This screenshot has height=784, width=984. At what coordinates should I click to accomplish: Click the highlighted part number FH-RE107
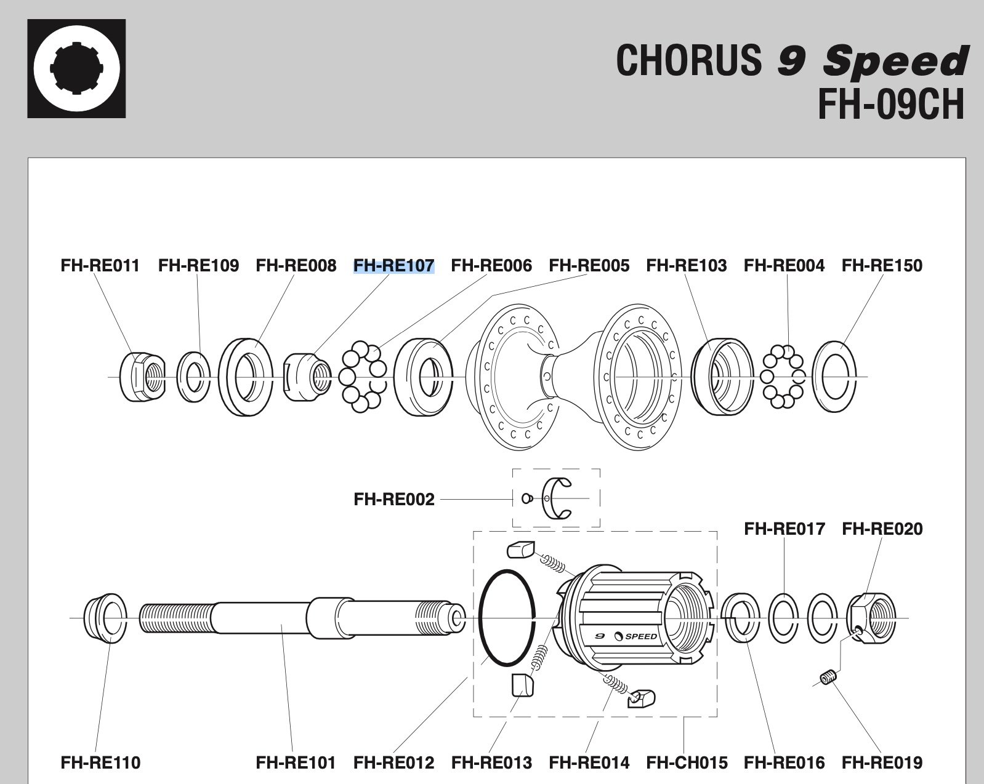coord(393,266)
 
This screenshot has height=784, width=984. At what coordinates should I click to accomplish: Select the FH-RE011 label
coord(100,266)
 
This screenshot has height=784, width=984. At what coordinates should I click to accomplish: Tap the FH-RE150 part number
coord(882,266)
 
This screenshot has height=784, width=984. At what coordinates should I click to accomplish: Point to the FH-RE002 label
coord(393,499)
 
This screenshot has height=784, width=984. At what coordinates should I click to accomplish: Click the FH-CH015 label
coord(687,762)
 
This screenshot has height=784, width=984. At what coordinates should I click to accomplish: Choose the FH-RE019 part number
coord(882,762)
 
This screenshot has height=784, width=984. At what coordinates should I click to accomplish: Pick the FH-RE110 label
coord(100,762)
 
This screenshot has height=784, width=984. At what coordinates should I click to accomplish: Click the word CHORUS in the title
coord(688,60)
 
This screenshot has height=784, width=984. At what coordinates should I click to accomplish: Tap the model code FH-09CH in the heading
coord(891,104)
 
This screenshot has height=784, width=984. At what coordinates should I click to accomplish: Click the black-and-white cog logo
coord(76,68)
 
